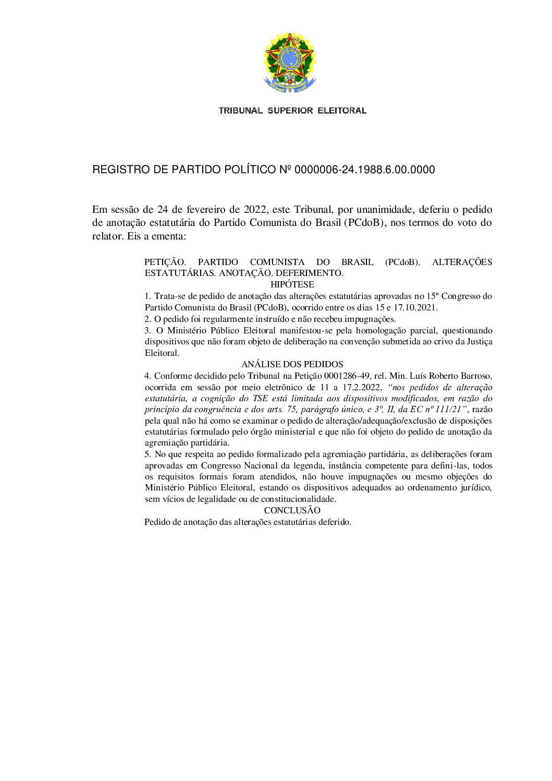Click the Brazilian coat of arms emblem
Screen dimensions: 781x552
point(290,63)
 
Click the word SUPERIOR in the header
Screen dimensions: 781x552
point(290,111)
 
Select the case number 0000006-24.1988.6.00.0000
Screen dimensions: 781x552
point(365,170)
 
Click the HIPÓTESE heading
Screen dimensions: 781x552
point(292,285)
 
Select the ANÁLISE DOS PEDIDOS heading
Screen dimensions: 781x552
point(292,365)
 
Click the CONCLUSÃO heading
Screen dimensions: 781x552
point(292,511)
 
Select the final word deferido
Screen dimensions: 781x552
point(335,522)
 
